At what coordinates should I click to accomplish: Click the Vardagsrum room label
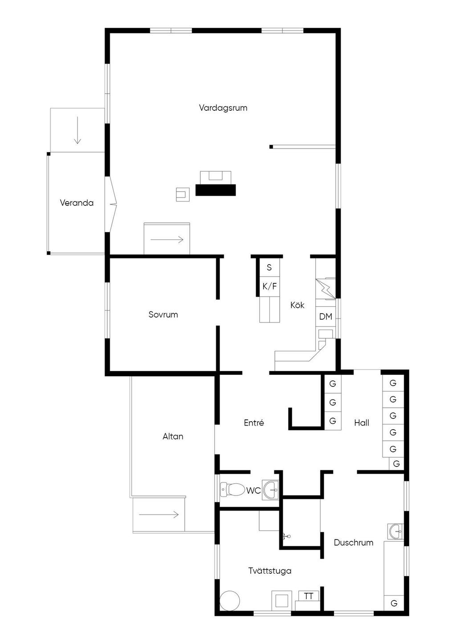(x=223, y=108)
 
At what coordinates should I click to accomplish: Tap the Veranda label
(x=77, y=203)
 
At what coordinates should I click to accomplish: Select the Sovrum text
(x=163, y=314)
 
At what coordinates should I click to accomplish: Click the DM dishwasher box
(x=326, y=317)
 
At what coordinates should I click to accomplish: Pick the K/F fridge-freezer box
(x=269, y=286)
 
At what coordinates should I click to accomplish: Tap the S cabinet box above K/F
(x=269, y=267)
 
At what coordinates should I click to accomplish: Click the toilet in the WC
(x=232, y=489)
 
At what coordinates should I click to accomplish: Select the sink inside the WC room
(x=270, y=490)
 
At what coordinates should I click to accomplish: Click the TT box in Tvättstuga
(x=308, y=596)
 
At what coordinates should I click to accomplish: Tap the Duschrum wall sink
(x=395, y=532)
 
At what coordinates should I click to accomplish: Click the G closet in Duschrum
(x=394, y=603)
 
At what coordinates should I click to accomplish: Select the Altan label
(x=173, y=436)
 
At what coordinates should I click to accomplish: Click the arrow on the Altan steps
(x=159, y=514)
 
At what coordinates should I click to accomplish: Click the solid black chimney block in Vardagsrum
(x=216, y=190)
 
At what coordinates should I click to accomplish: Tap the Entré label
(x=254, y=423)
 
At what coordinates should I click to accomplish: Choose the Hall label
(x=362, y=423)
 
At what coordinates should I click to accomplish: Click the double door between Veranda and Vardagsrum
(x=114, y=205)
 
